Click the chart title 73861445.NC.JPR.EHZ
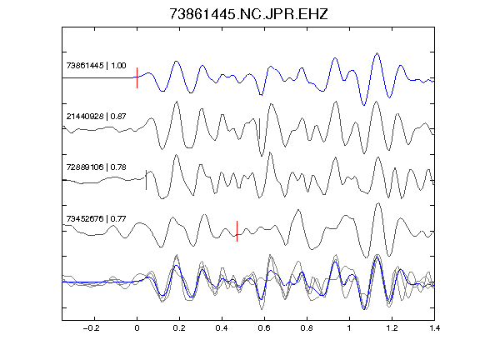click(x=248, y=14)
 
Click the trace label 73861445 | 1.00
click(x=96, y=66)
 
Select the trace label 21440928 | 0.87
click(x=96, y=117)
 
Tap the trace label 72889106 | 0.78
click(x=96, y=167)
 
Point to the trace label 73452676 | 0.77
click(x=96, y=218)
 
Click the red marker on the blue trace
click(x=137, y=77)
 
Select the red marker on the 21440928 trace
click(x=260, y=128)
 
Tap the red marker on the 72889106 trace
click(x=147, y=180)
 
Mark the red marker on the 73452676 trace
click(x=237, y=231)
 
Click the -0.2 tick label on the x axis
click(x=91, y=328)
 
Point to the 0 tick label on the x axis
click(x=137, y=328)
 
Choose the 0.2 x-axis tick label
click(x=179, y=328)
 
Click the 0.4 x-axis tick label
click(x=222, y=328)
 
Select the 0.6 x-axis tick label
click(x=264, y=328)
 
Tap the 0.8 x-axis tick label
click(x=307, y=328)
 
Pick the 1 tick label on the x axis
click(x=349, y=328)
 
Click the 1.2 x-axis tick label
click(x=392, y=328)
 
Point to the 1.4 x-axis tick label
click(x=434, y=328)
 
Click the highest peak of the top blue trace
click(x=377, y=53)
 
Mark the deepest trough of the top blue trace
click(x=363, y=105)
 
